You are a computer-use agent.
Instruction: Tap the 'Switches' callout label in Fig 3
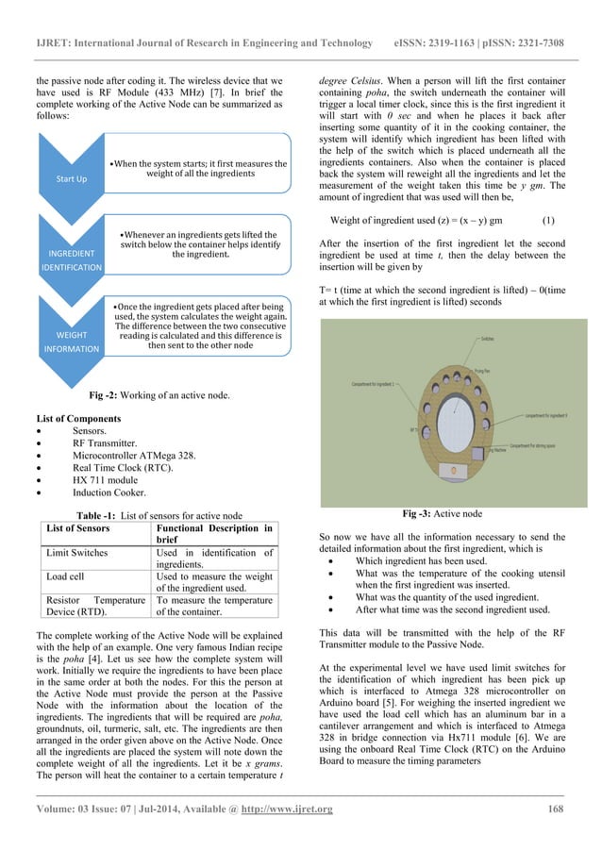pyautogui.click(x=489, y=338)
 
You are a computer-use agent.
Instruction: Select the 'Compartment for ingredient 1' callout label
pyautogui.click(x=378, y=383)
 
